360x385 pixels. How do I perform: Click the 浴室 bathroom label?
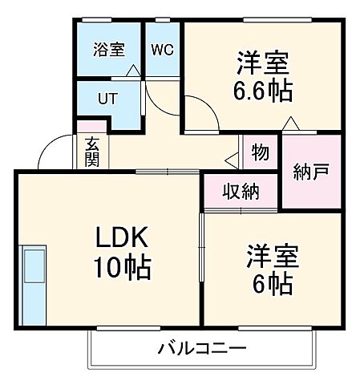(x=108, y=50)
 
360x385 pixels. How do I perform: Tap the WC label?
(x=162, y=49)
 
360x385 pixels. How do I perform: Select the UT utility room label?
(x=107, y=100)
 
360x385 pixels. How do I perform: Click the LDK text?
(x=123, y=237)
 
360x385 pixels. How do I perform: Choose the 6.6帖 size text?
(x=261, y=89)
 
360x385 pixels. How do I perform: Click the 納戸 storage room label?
(x=311, y=172)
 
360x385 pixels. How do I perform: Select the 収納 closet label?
(x=241, y=192)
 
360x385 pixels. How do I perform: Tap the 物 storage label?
(x=259, y=151)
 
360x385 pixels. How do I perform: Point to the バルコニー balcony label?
(x=201, y=350)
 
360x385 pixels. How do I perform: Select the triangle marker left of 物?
(x=232, y=157)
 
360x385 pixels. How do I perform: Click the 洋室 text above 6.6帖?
(x=262, y=61)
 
